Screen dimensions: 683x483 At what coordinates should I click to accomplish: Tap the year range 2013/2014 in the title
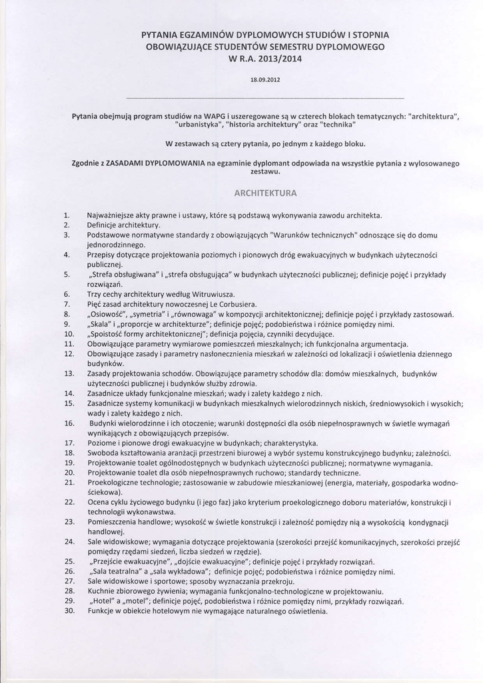(x=279, y=59)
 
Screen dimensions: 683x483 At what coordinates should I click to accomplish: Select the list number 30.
(x=69, y=610)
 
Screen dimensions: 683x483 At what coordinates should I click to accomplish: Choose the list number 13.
(x=69, y=374)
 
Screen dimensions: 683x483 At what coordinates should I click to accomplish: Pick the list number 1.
(x=67, y=215)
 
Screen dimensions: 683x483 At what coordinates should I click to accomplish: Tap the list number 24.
(x=69, y=541)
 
